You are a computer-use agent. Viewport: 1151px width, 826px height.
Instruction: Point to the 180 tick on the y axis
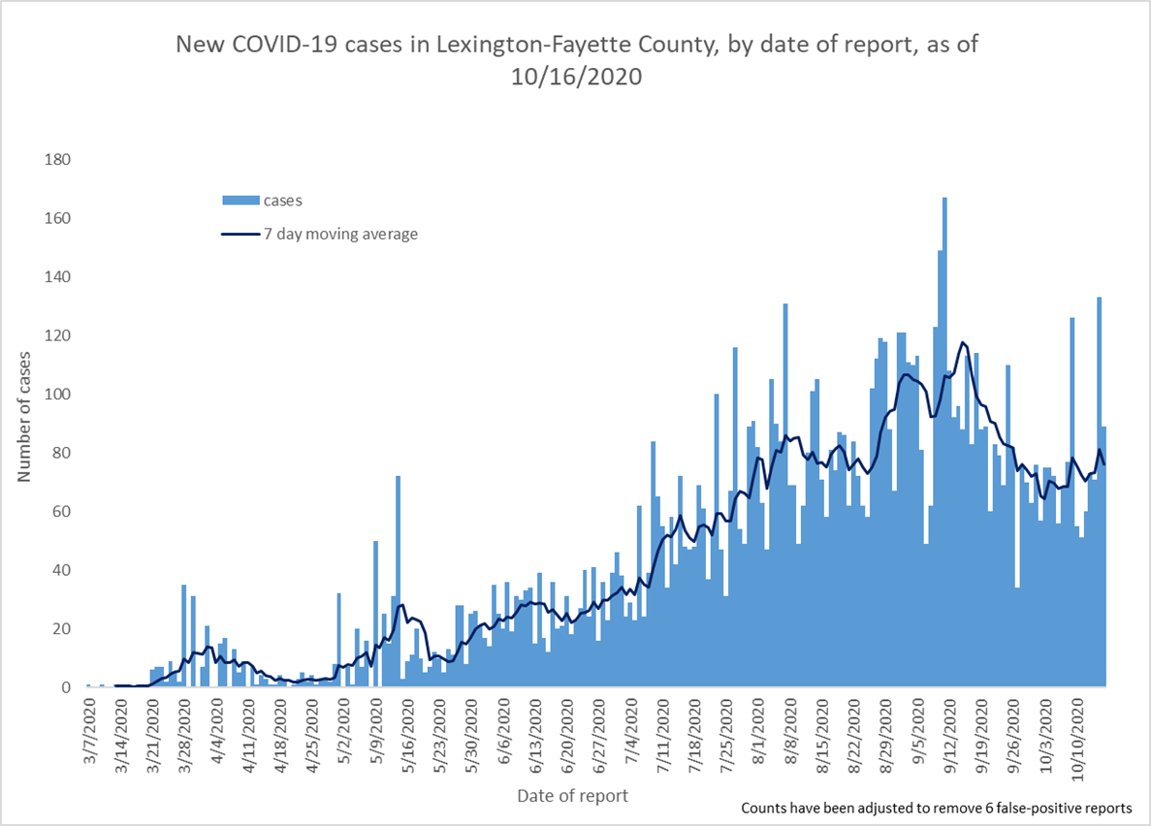[x=58, y=159]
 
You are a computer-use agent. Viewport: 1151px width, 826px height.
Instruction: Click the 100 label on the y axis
[x=58, y=395]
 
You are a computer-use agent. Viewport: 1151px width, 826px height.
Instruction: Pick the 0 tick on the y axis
[x=66, y=687]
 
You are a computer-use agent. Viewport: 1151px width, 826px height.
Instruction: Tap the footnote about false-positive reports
[x=938, y=808]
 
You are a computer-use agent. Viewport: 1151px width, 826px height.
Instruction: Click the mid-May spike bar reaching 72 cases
[x=399, y=582]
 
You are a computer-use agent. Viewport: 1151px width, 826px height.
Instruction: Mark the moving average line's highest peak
[x=963, y=342]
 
